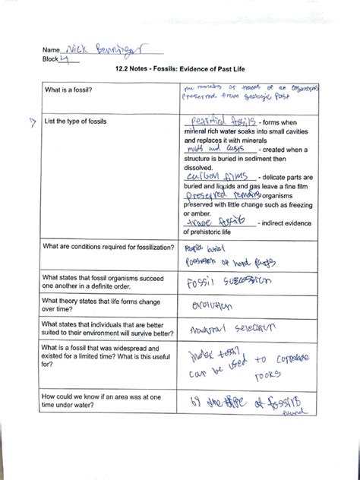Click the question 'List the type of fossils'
point(76,121)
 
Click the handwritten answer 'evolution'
point(213,308)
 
